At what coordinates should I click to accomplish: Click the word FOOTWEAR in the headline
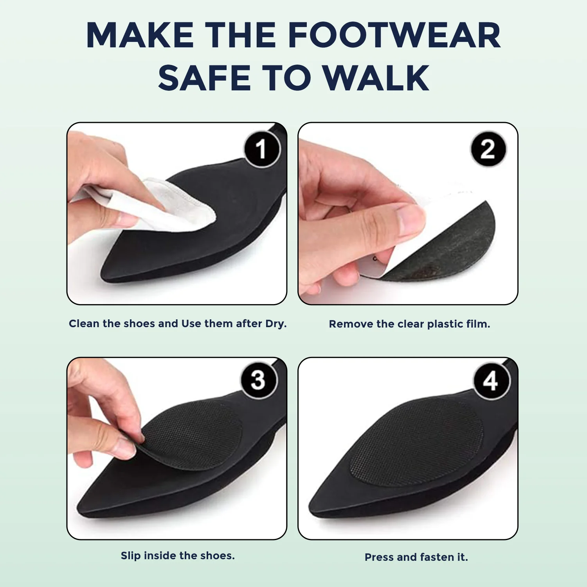tap(394, 35)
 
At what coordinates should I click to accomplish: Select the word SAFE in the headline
tap(204, 77)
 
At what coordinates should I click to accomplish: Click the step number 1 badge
tap(261, 149)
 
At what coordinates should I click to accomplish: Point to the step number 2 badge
tap(488, 149)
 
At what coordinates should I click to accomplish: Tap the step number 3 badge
tap(258, 380)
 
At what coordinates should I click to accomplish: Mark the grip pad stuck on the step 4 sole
tap(417, 442)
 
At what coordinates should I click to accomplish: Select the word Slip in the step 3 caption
tap(131, 556)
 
